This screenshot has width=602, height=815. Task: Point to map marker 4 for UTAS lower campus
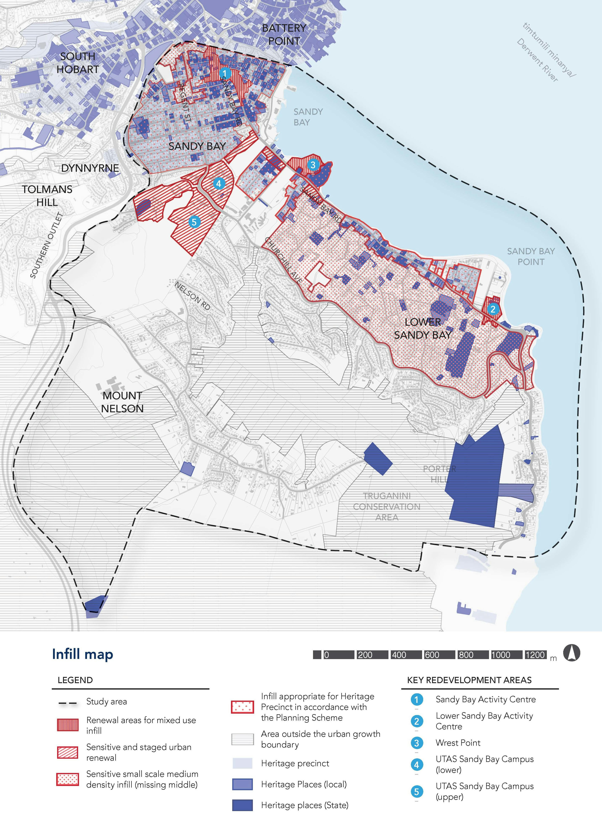(x=219, y=184)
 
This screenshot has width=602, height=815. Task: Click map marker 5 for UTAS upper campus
(x=194, y=222)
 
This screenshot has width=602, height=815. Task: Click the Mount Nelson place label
(x=122, y=402)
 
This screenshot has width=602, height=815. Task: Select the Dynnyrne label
(x=90, y=168)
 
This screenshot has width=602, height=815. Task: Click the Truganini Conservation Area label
(x=387, y=506)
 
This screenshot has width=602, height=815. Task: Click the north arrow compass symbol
(x=571, y=653)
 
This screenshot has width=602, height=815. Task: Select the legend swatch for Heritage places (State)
(x=242, y=805)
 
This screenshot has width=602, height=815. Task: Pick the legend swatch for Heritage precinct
(x=242, y=763)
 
